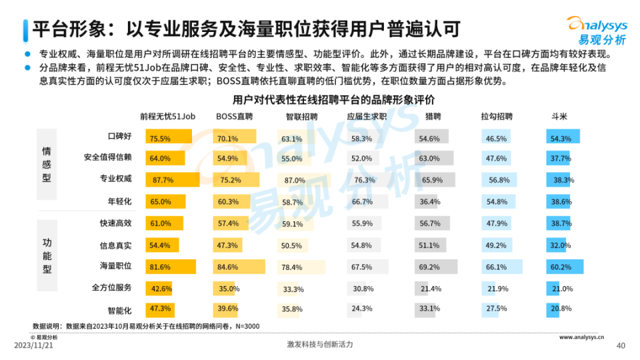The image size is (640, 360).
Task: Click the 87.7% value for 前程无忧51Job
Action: [163, 180]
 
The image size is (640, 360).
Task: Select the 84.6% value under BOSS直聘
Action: [227, 267]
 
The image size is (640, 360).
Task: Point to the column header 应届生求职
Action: [367, 116]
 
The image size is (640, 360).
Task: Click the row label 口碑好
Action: [120, 137]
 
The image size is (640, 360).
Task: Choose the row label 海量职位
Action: [116, 265]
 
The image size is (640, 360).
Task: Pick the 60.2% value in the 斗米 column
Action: [561, 267]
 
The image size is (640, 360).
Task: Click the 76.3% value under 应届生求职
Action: [365, 180]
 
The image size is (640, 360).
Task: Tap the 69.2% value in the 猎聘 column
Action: [429, 267]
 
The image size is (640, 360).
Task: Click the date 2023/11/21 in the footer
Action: [33, 345]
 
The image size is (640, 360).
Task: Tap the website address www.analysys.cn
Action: [587, 337]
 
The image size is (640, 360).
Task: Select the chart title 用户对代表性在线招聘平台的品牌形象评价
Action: [333, 100]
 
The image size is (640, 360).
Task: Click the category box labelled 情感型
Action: [47, 165]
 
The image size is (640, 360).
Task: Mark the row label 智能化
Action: [120, 310]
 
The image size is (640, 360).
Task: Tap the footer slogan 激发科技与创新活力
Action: [319, 345]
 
